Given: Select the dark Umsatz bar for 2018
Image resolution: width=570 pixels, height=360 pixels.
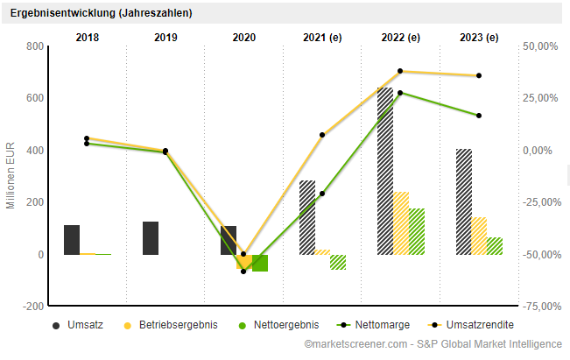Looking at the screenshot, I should coord(72,240).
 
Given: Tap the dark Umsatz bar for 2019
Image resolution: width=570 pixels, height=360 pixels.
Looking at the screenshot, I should coord(151,238).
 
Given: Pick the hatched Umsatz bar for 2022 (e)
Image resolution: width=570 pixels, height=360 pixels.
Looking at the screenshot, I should coord(385,171).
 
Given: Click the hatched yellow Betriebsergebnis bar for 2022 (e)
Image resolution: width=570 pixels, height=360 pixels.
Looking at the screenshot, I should coord(401,223).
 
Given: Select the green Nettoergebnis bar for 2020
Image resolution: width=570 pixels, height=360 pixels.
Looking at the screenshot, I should coord(260,263).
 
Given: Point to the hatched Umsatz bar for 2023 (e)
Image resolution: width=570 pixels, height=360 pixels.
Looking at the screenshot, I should coord(464,201).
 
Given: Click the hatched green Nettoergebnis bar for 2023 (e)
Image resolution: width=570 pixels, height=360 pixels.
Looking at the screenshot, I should coord(495,246).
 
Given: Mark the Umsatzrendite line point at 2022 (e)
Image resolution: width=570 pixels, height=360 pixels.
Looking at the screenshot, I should coord(400,72).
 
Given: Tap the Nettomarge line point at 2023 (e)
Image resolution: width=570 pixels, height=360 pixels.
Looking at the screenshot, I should coord(479,116).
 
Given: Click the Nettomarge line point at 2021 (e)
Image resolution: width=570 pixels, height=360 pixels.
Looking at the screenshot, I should coord(322,193).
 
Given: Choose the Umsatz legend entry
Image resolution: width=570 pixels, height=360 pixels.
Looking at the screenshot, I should coord(79,325).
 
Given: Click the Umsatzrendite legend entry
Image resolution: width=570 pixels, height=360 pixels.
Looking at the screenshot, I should coord(473,325).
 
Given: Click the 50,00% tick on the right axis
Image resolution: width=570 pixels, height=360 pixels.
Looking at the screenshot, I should coord(540,46).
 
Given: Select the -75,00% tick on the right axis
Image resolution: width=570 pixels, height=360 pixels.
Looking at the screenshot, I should coord(540,307).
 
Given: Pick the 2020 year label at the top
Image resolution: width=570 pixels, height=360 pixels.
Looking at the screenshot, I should coord(244,37).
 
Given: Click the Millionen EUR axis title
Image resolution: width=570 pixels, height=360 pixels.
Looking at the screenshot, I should coord(11,175).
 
